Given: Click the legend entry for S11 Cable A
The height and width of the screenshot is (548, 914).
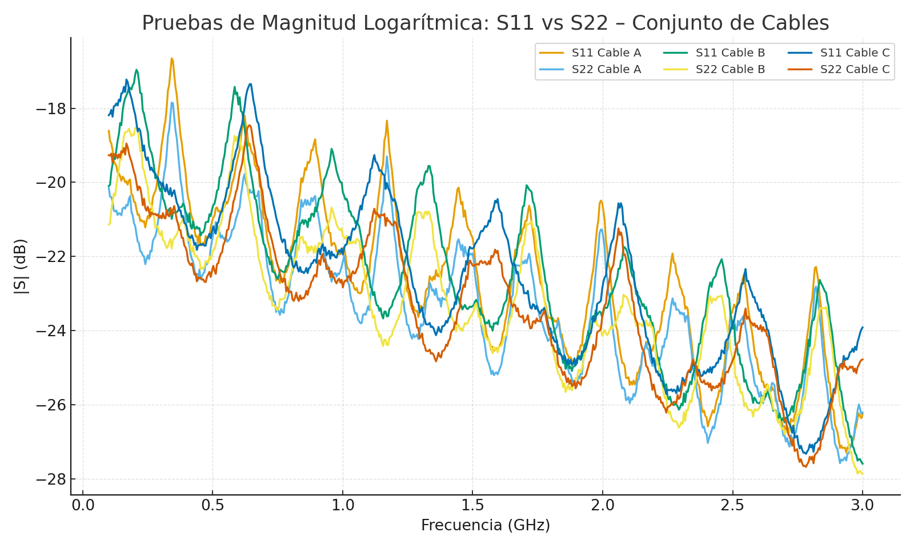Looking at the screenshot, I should coord(606,53).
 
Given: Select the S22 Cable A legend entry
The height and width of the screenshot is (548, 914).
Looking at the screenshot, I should coord(606,70).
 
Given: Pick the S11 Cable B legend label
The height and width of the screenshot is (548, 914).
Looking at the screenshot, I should coord(730,53).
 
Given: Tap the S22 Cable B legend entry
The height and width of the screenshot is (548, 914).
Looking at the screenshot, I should coord(730,70).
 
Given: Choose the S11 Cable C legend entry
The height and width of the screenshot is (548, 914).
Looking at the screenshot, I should coord(855,53).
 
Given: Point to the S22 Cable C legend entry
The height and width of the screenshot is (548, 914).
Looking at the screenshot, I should coord(855,70).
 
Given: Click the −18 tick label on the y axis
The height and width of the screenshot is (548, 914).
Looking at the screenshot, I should coord(50,109).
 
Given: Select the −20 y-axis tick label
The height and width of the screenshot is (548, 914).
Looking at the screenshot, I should coord(50,183).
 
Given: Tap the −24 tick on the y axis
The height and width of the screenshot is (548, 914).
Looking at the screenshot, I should coord(50,331).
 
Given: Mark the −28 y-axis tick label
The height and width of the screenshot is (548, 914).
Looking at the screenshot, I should coord(50,479).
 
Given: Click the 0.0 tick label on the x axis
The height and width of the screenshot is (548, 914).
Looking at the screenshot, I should coord(83,505).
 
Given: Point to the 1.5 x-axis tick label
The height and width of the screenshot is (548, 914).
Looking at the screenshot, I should coord(472,505).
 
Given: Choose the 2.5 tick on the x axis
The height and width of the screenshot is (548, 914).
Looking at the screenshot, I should coord(732,505).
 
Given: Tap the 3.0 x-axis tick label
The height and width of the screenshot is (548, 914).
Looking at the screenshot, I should coord(862,505).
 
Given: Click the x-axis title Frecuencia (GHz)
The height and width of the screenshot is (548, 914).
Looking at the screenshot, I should coord(486,526).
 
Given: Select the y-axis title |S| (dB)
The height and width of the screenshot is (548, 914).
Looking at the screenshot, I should coord(21,266).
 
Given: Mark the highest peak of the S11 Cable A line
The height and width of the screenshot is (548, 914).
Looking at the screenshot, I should coord(171,58).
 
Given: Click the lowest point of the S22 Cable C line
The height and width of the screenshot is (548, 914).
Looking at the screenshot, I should coord(805,467).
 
